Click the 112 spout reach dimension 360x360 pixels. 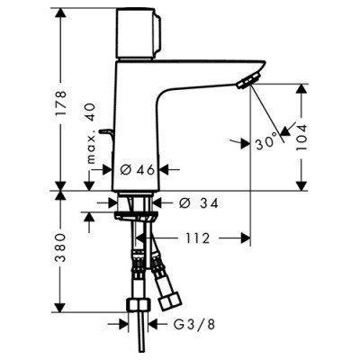[202, 238]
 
